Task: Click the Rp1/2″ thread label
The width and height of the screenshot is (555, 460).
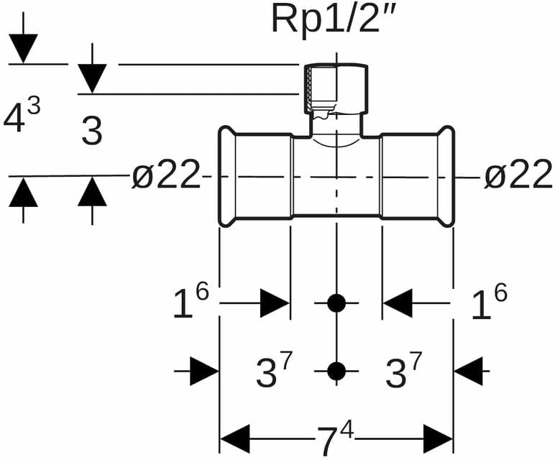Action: [x=334, y=19]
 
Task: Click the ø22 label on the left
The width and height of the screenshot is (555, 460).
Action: [x=166, y=175]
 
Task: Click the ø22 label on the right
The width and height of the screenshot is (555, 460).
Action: [x=518, y=175]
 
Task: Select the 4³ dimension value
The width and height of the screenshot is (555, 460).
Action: [x=22, y=116]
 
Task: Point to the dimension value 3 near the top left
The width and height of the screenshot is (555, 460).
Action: [x=92, y=132]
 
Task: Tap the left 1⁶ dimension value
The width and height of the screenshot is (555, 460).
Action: [x=191, y=303]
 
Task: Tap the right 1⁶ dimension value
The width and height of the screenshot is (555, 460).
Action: [x=490, y=303]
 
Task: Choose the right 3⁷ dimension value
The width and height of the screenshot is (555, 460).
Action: [x=403, y=372]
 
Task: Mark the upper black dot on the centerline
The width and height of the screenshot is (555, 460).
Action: [x=336, y=303]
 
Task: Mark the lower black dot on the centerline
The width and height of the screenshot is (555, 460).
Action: [x=336, y=372]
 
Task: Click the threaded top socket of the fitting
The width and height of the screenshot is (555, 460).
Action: [x=336, y=90]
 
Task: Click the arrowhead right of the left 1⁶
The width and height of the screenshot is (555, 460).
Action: [x=275, y=303]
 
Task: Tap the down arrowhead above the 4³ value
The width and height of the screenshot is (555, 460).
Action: [x=24, y=48]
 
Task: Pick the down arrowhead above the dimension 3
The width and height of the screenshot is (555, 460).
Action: [x=92, y=78]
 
